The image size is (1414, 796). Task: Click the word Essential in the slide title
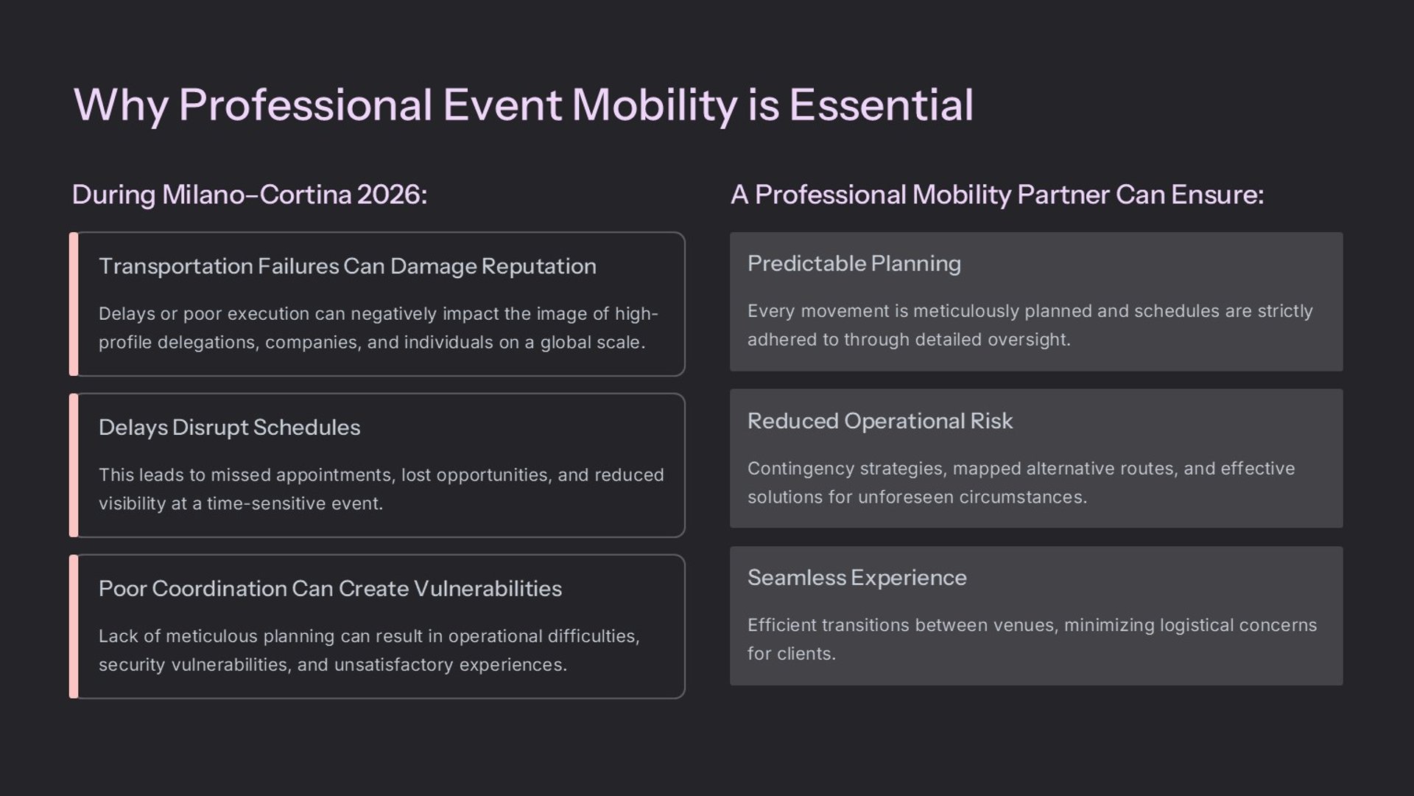click(882, 105)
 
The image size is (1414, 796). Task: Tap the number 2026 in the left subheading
click(391, 195)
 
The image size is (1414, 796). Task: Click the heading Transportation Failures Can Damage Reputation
click(348, 266)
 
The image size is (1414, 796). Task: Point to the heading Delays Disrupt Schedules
click(230, 427)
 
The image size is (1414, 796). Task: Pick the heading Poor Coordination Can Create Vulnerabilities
click(330, 588)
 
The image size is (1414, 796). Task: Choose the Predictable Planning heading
click(854, 264)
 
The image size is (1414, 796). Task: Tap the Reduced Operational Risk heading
click(880, 421)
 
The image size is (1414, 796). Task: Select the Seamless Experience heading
click(857, 578)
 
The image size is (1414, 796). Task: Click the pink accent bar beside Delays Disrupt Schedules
click(74, 465)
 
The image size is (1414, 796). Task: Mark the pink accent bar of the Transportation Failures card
click(74, 304)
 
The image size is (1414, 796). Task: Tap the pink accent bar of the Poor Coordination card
click(74, 626)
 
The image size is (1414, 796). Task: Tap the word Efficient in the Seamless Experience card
click(782, 625)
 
